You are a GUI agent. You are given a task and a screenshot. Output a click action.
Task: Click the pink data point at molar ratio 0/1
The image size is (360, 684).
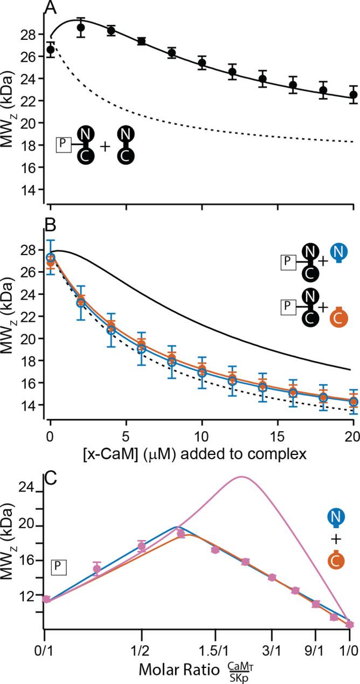46,599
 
